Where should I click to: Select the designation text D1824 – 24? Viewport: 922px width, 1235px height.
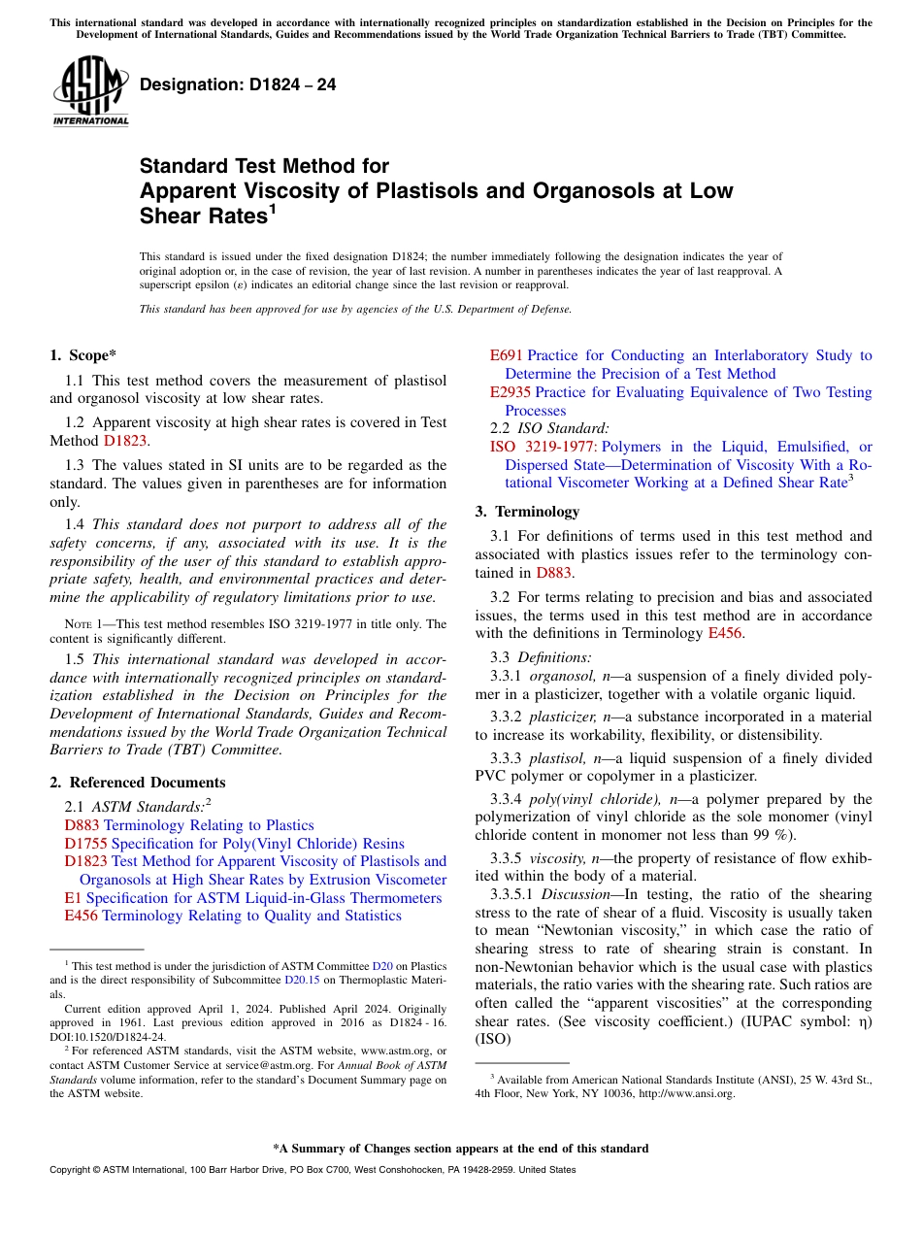point(238,85)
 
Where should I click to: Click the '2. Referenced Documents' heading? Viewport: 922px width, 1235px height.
point(137,783)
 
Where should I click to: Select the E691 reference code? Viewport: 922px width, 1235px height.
point(506,355)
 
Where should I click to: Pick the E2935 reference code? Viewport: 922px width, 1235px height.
point(510,392)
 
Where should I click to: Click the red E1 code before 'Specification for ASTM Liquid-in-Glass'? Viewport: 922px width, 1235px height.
point(73,898)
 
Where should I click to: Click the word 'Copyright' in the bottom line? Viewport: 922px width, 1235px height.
point(72,1170)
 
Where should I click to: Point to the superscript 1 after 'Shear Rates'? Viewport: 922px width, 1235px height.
point(273,209)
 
